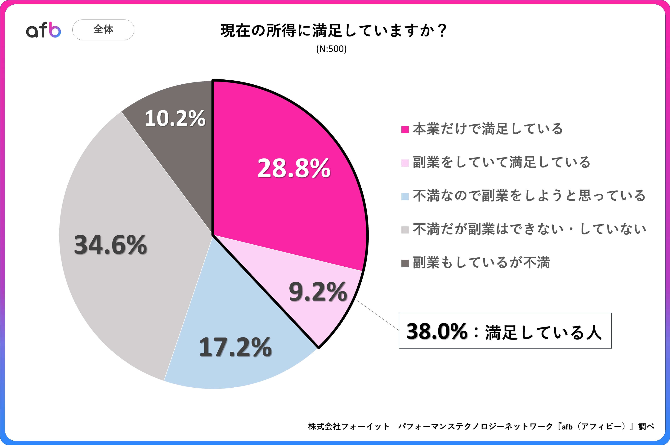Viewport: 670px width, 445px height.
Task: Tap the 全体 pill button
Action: (x=103, y=29)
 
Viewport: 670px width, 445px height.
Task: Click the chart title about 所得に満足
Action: (x=334, y=31)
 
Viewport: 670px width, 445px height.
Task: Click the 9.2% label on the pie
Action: (x=318, y=292)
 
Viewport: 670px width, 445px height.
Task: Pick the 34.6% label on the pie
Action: (x=110, y=245)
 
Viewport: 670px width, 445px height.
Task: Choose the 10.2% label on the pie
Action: (x=175, y=118)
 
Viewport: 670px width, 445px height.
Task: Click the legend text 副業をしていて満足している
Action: (x=501, y=162)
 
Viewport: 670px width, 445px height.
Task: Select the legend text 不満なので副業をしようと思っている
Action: (x=529, y=196)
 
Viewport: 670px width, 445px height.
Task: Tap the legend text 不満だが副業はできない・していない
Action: (x=529, y=229)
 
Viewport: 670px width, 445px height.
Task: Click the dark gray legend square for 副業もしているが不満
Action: (x=405, y=263)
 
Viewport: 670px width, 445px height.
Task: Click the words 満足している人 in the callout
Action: (x=543, y=332)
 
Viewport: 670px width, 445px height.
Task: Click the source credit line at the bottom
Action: (x=481, y=426)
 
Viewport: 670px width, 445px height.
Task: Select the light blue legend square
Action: (x=405, y=196)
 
